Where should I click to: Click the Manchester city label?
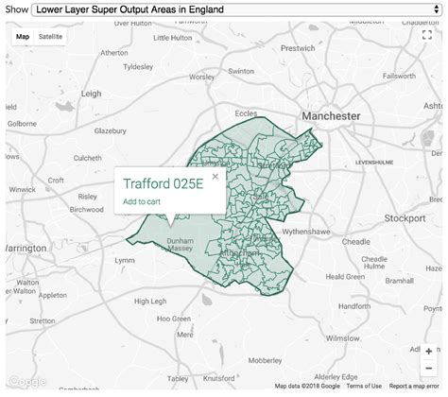point(331,114)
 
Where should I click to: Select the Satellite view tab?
point(51,37)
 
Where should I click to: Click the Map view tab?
point(23,37)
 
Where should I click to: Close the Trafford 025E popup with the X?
point(215,176)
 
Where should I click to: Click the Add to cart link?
point(142,201)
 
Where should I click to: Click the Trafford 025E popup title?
point(163,184)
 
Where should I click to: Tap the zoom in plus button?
point(429,351)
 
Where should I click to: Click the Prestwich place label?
point(298,47)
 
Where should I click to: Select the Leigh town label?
point(91,94)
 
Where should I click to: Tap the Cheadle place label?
point(356,241)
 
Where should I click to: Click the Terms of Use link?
point(364,386)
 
